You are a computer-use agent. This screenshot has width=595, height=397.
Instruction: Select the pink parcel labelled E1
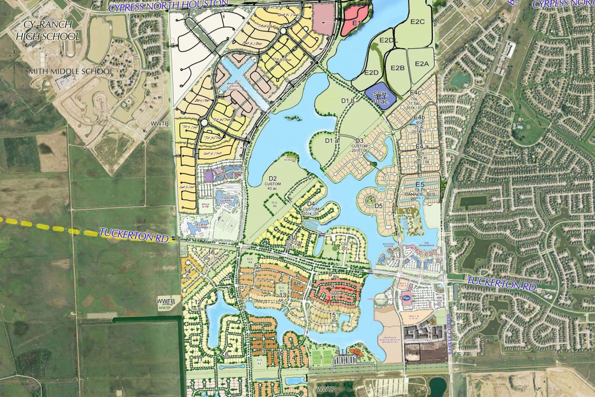pos(356,21)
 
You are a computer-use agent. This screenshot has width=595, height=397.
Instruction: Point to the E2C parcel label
pos(418,22)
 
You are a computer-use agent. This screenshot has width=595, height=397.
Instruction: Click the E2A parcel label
pos(422,64)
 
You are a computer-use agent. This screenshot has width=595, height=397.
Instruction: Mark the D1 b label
pos(348,101)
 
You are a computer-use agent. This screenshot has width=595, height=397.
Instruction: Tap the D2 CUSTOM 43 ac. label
pos(272,183)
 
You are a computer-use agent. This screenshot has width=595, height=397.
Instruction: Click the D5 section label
pos(378,206)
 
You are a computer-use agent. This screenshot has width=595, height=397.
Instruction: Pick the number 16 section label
pos(212,252)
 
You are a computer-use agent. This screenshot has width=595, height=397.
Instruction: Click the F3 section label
pos(258,266)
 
